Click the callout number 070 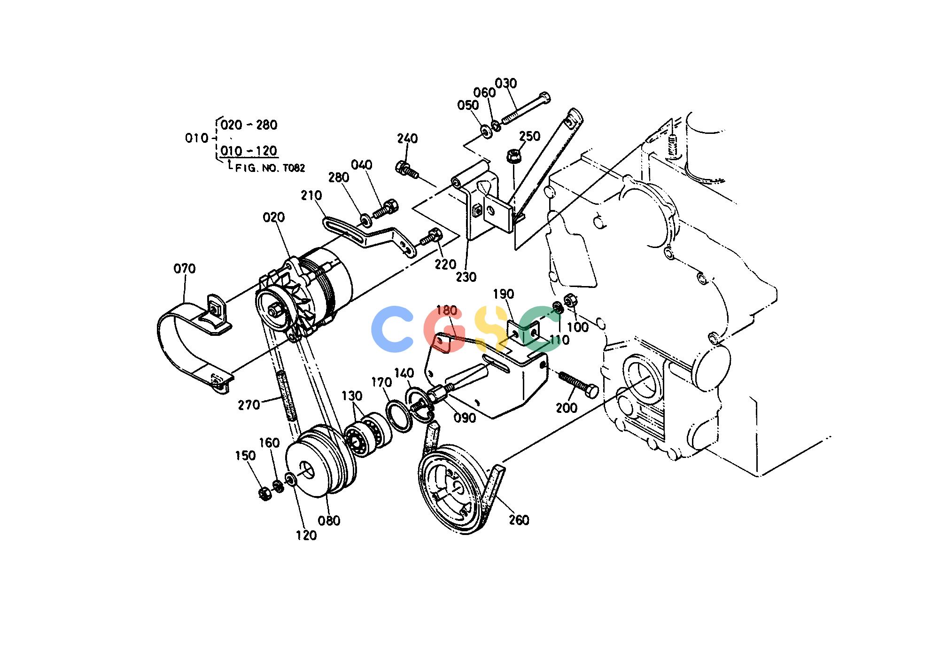pos(184,269)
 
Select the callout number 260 pos(519,520)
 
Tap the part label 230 pos(466,277)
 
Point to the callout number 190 pos(503,295)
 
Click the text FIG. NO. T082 pos(270,168)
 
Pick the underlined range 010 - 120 pos(249,151)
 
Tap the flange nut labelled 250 pos(513,155)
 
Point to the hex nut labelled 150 pos(264,494)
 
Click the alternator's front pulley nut pos(275,311)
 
